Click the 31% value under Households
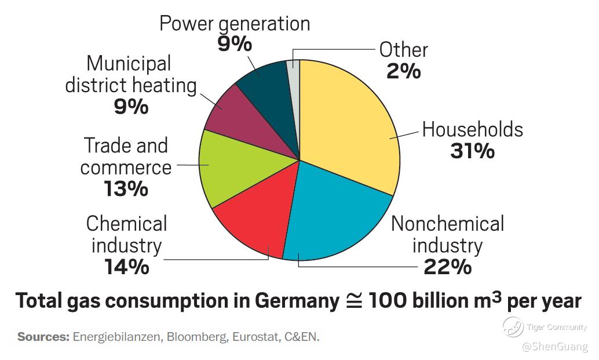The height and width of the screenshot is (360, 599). click(x=472, y=151)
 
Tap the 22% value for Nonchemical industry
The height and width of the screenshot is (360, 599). click(x=448, y=267)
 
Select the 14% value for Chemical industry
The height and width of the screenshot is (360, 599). click(x=127, y=267)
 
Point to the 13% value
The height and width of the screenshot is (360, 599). click(x=126, y=189)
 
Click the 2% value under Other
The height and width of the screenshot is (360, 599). click(x=403, y=71)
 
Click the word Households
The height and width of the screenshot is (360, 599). click(x=472, y=129)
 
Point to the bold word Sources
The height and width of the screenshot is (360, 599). click(x=43, y=337)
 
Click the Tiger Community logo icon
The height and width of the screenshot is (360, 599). click(x=513, y=327)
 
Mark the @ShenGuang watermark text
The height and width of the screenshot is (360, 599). click(x=554, y=347)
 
